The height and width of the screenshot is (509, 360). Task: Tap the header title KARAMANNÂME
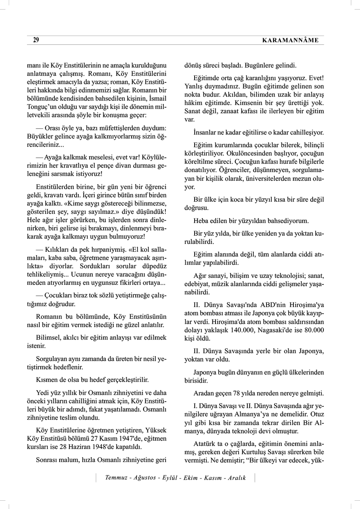point(291,40)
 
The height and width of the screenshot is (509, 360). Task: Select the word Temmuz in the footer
point(118,478)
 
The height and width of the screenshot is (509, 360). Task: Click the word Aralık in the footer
point(236,478)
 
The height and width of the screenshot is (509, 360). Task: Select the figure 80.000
point(313,330)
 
